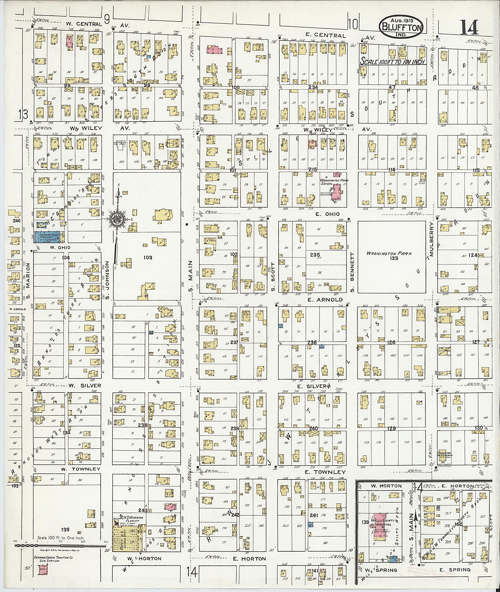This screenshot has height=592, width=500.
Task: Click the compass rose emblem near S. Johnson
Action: tap(116, 220)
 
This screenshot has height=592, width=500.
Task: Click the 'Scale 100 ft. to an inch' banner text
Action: tap(393, 61)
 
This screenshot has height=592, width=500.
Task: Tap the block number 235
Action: tap(315, 255)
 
